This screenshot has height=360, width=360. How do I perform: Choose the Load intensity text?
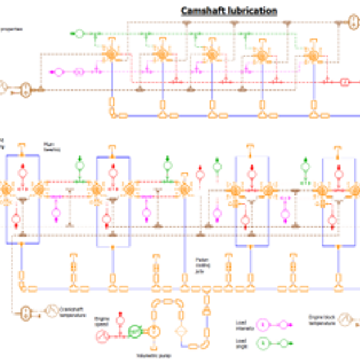(x=242, y=325)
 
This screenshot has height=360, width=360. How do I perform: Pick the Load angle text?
(x=241, y=343)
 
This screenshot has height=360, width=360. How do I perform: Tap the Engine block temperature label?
(x=322, y=319)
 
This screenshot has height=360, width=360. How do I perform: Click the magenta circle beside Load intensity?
(x=263, y=325)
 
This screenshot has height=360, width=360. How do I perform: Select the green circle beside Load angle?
(x=263, y=342)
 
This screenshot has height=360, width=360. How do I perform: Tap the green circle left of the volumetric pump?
(x=134, y=331)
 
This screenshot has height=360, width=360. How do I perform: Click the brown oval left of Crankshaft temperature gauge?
(x=26, y=311)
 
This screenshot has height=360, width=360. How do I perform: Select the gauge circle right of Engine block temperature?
(x=348, y=319)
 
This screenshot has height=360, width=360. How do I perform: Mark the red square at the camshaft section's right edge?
(x=345, y=83)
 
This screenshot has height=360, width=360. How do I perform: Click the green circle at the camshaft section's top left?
(x=79, y=34)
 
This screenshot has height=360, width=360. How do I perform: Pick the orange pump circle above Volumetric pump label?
(x=153, y=331)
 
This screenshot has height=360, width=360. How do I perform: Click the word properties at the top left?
(x=11, y=29)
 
